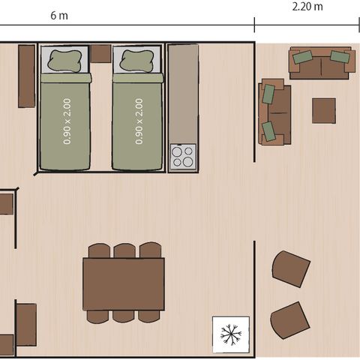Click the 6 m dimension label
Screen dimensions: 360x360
click(57, 16)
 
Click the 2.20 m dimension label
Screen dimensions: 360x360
click(307, 7)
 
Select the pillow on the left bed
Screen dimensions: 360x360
click(64, 60)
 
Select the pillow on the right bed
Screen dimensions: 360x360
click(136, 60)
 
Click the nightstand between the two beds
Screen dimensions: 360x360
click(100, 53)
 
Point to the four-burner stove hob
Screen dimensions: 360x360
click(182, 157)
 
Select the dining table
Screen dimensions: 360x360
click(124, 283)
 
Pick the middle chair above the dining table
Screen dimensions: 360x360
click(124, 250)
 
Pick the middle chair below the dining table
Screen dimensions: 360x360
click(124, 316)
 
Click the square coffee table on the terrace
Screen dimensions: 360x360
click(324, 110)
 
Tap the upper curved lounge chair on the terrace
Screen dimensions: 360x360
click(291, 268)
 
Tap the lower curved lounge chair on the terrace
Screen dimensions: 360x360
click(290, 320)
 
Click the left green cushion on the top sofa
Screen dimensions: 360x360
click(303, 57)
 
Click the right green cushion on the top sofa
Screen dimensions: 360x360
click(340, 56)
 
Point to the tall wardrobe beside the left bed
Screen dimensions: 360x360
click(26, 76)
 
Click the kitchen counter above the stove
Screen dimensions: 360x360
click(182, 94)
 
